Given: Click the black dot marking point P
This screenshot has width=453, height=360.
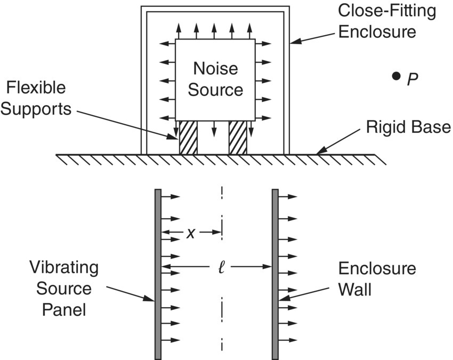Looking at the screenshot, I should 395,76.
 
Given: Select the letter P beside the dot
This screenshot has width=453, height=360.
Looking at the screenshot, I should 412,79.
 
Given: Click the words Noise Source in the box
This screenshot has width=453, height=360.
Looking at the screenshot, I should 215,78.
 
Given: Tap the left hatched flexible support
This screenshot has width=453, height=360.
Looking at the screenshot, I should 187,138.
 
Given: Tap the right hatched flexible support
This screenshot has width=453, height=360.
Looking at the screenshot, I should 238,138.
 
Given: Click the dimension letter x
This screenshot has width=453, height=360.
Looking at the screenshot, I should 190,233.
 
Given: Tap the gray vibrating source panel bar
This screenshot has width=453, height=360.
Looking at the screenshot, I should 158,274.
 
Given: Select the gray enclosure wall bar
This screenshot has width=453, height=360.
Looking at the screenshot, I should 275,274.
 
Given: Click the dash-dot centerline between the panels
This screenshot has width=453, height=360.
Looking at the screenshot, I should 221,309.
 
